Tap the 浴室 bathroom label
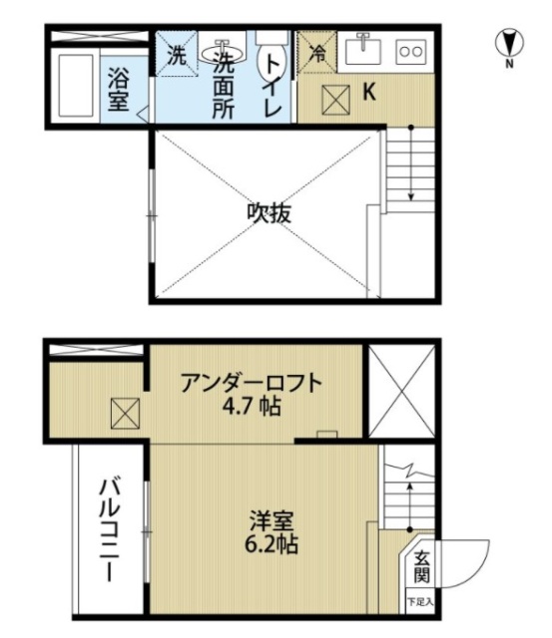coord(119,88)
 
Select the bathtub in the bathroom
coord(76,88)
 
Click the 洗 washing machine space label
coord(176,56)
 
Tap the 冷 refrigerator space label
coord(318,55)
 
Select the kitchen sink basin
coord(361,49)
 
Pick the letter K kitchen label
coord(368,93)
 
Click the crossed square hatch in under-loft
coord(125,412)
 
